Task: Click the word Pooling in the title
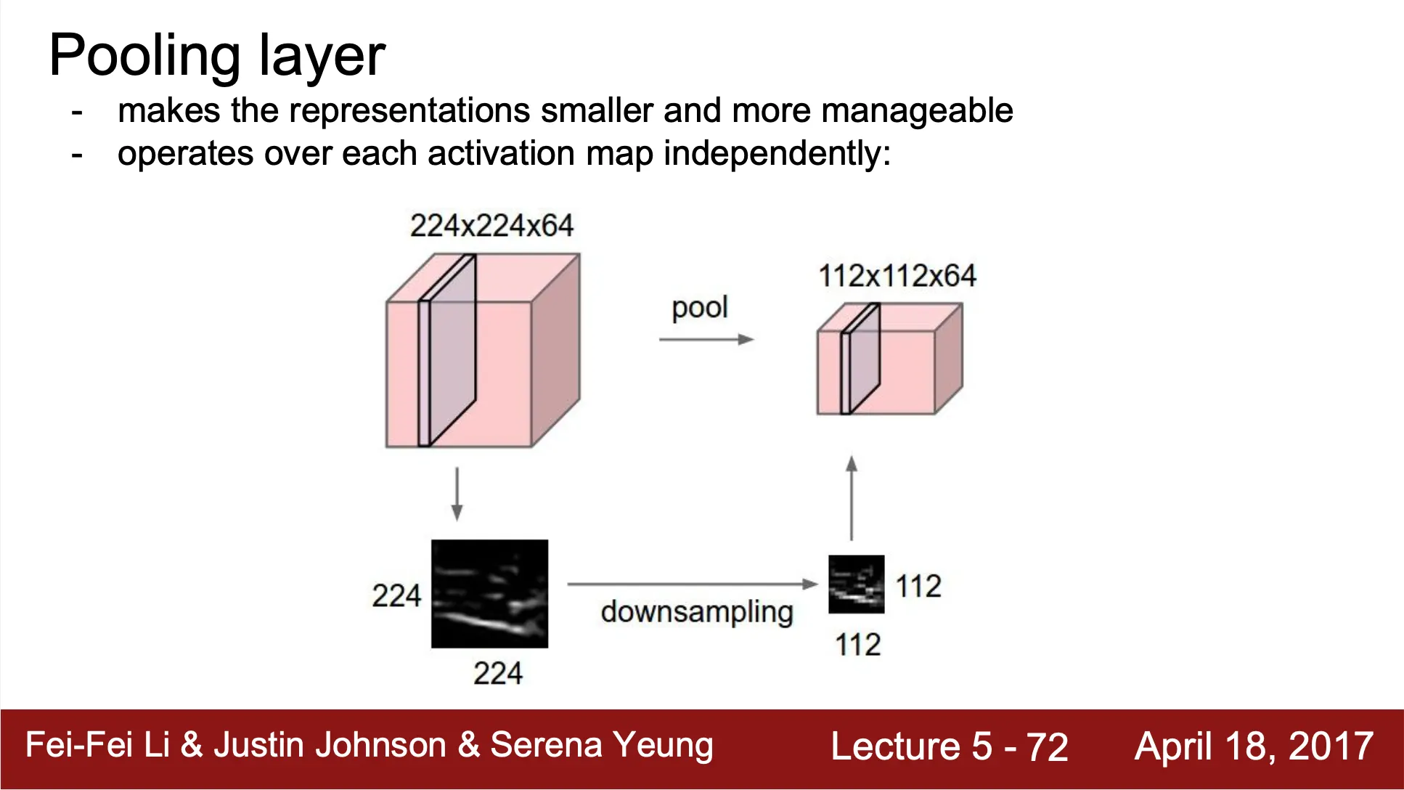pyautogui.click(x=145, y=57)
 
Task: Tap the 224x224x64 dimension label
pyautogui.click(x=491, y=226)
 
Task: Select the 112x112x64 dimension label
pyautogui.click(x=897, y=276)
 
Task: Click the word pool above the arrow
pyautogui.click(x=700, y=308)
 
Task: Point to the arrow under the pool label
pyautogui.click(x=706, y=339)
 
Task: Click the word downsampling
pyautogui.click(x=697, y=612)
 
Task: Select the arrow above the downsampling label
pyautogui.click(x=693, y=584)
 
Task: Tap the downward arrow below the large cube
pyautogui.click(x=457, y=494)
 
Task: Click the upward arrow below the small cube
pyautogui.click(x=852, y=498)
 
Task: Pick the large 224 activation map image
pyautogui.click(x=489, y=594)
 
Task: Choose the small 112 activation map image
pyautogui.click(x=857, y=585)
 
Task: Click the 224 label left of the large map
pyautogui.click(x=396, y=596)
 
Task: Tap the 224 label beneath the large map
pyautogui.click(x=498, y=674)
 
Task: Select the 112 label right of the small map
pyautogui.click(x=918, y=587)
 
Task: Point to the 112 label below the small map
pyautogui.click(x=858, y=645)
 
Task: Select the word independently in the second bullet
pyautogui.click(x=777, y=155)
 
